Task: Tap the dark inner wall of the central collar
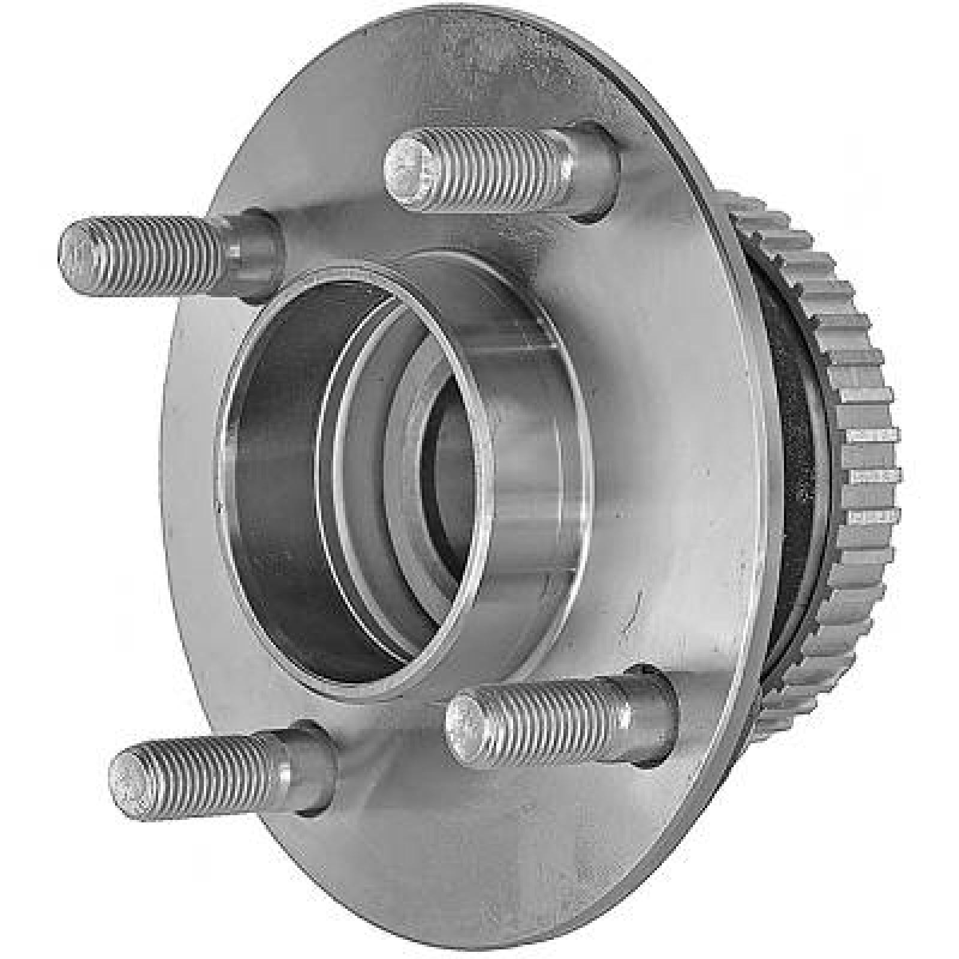coord(276,479)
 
